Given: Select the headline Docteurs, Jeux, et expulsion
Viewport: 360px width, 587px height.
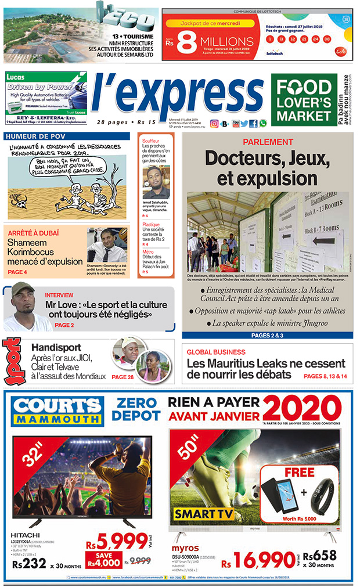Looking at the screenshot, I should click(x=268, y=167).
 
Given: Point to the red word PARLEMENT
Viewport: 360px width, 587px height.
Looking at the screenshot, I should click(x=268, y=142).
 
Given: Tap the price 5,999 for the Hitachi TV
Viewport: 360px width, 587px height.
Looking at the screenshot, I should click(x=115, y=542).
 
